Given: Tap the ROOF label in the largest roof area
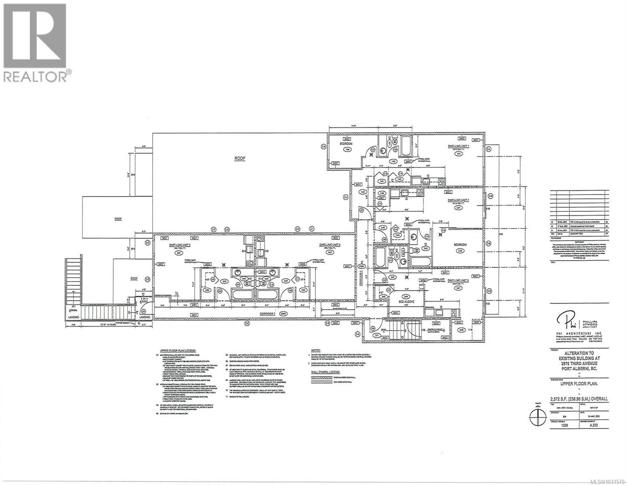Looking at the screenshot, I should pos(240,158).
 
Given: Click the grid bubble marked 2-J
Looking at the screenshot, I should pos(346,197).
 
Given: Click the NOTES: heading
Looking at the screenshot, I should pos(317,350).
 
